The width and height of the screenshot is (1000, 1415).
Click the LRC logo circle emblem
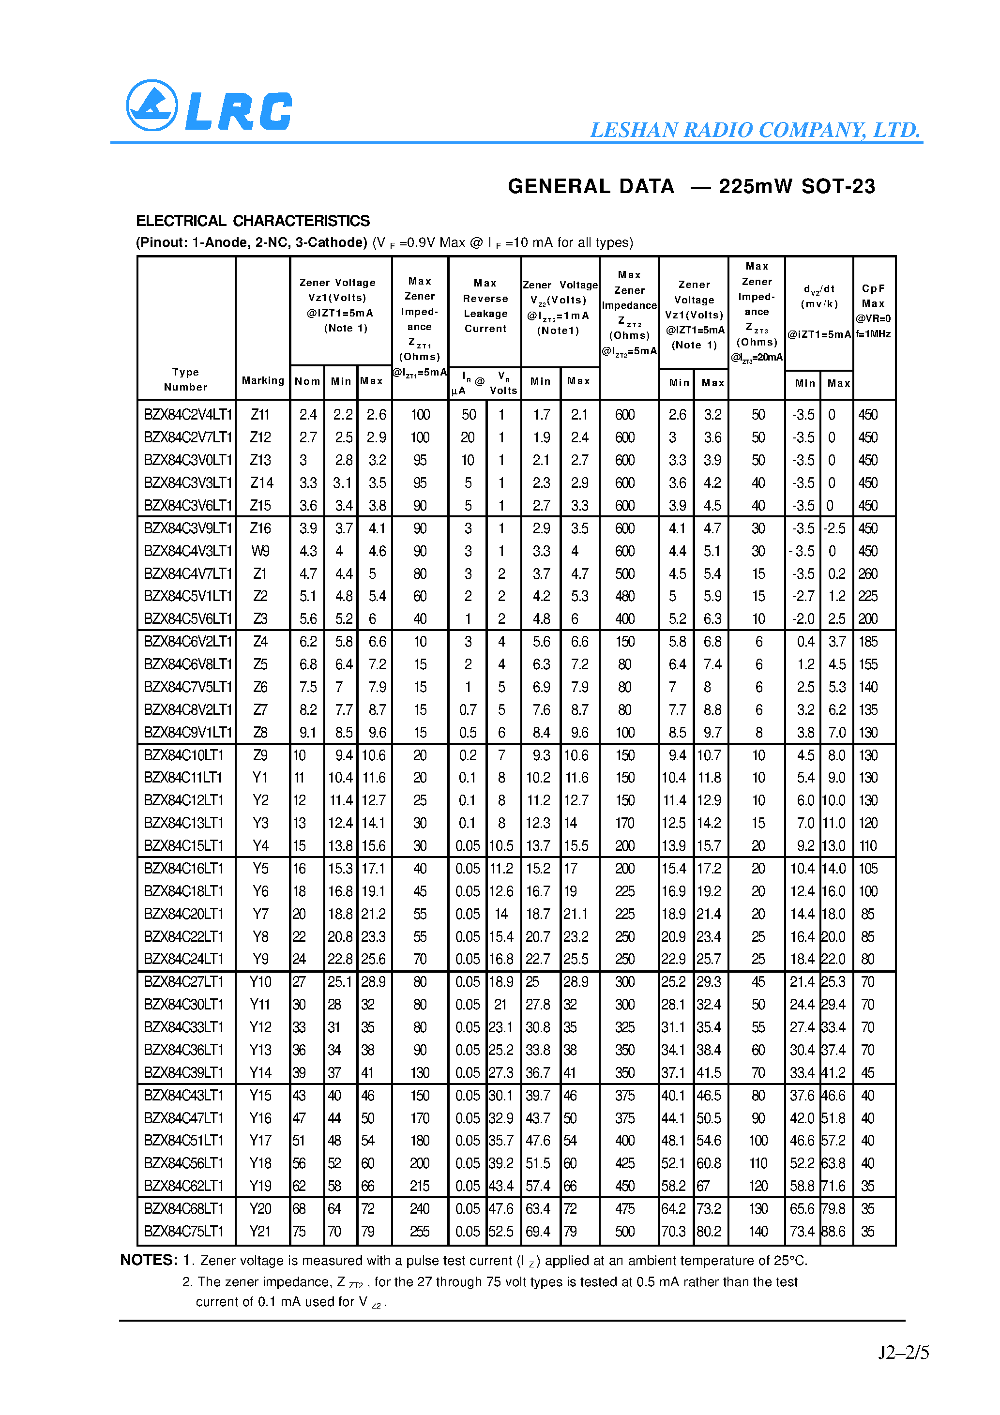point(152,105)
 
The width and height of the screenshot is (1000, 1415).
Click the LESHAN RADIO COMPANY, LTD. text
point(755,130)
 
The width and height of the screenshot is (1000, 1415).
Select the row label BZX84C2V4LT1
point(187,415)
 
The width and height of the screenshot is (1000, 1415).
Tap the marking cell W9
point(260,551)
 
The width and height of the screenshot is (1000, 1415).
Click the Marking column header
point(263,380)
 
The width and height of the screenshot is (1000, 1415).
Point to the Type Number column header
point(185,379)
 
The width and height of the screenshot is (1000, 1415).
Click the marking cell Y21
point(260,1231)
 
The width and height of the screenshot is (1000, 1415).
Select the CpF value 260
point(867,574)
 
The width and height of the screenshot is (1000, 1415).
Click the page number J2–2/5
point(903,1352)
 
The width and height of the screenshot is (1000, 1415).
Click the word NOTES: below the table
point(149,1260)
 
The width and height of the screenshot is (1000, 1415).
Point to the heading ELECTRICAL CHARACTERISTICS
point(253,221)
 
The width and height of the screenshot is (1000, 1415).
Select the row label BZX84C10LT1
point(183,755)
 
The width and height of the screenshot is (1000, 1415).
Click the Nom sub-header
point(307,381)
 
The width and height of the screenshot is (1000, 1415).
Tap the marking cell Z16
point(260,528)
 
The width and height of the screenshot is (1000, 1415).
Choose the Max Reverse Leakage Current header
point(485,306)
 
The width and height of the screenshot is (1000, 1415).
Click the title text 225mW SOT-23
point(797,186)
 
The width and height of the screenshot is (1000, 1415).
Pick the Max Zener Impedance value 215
point(420,1186)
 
